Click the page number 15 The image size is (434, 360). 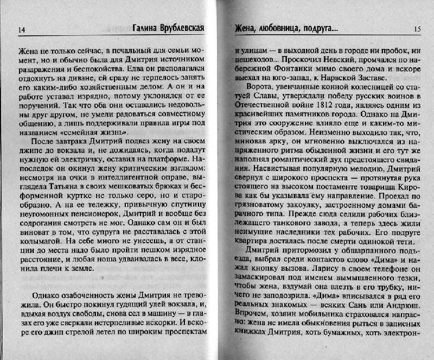pyautogui.click(x=417, y=28)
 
